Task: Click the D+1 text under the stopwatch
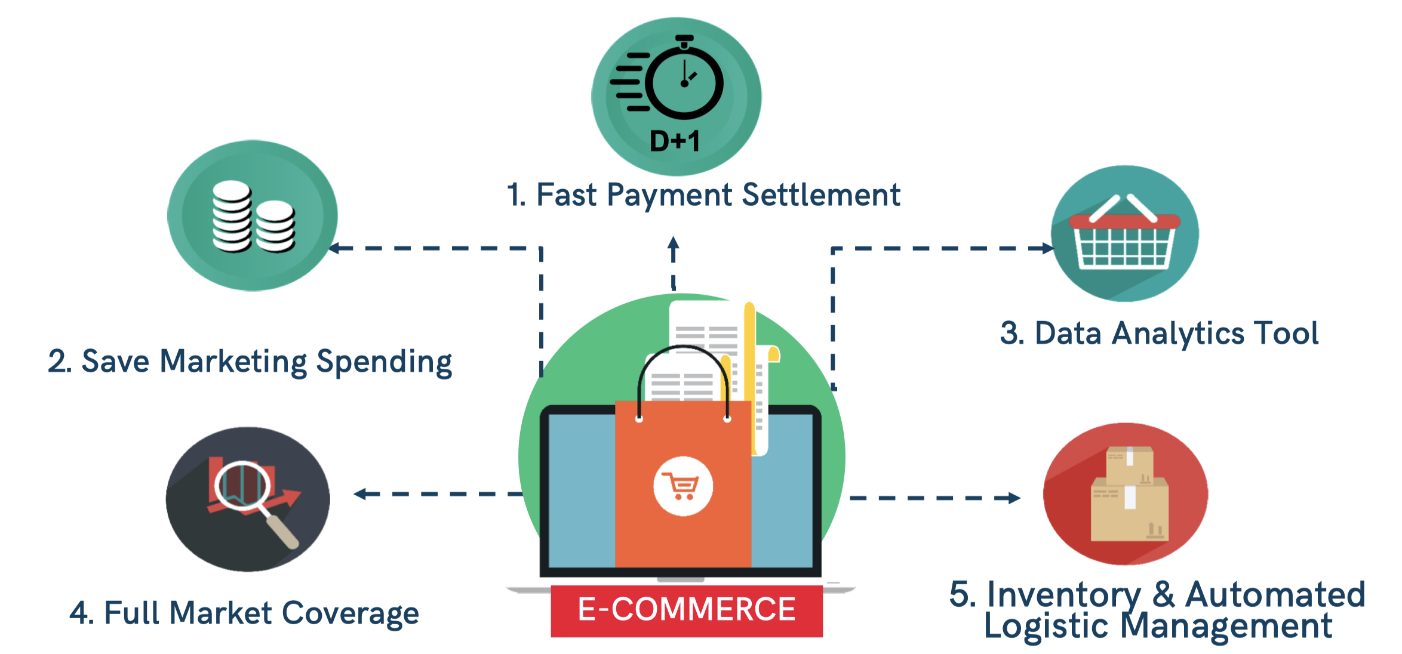pyautogui.click(x=674, y=141)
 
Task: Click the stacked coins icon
pyautogui.click(x=254, y=216)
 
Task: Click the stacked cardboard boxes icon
pyautogui.click(x=1129, y=493)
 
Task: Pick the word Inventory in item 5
pyautogui.click(x=1063, y=595)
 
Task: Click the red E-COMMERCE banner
pyautogui.click(x=687, y=610)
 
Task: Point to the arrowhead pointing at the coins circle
pyautogui.click(x=334, y=248)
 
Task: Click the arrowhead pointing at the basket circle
pyautogui.click(x=1049, y=248)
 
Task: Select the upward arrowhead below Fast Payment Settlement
pyautogui.click(x=674, y=243)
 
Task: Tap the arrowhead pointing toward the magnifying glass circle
pyautogui.click(x=359, y=494)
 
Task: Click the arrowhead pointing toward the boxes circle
pyautogui.click(x=1014, y=498)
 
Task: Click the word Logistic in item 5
pyautogui.click(x=1046, y=627)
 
